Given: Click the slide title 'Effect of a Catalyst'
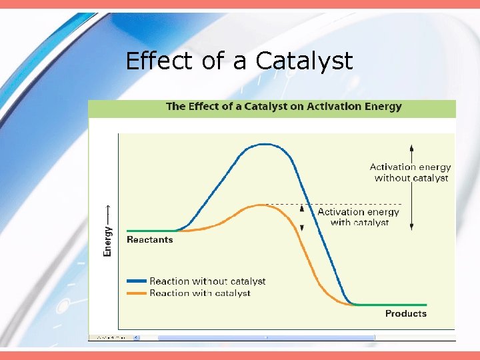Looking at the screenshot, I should (x=239, y=61).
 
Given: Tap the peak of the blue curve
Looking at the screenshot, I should (x=265, y=144).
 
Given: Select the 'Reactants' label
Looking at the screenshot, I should (x=149, y=240).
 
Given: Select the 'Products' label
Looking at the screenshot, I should (x=405, y=313).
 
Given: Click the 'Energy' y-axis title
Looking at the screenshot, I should (x=107, y=241).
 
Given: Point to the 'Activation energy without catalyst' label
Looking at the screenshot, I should (x=411, y=173).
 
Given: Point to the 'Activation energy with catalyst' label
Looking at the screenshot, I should (x=359, y=217).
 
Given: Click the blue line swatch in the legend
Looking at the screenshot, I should (x=136, y=282).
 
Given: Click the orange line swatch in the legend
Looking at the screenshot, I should (x=136, y=293).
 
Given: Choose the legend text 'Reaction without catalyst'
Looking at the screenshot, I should (x=207, y=282).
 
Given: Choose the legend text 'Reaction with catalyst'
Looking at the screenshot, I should (x=200, y=293).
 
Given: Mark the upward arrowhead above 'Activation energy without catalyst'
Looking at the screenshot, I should (x=411, y=147).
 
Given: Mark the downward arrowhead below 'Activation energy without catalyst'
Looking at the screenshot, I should (x=411, y=227).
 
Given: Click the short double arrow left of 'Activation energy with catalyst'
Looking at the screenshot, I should (x=301, y=217).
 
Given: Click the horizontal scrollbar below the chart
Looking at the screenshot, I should (x=267, y=337).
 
